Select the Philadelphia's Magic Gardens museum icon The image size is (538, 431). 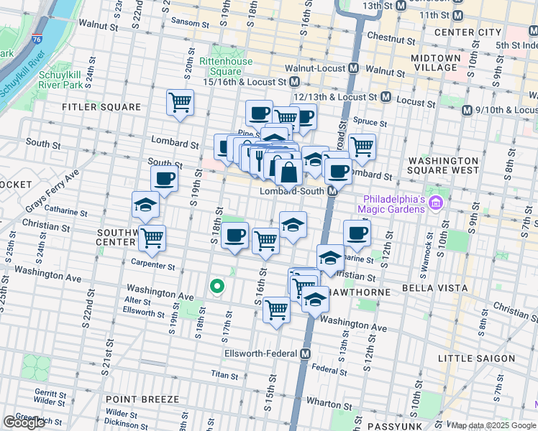click(435, 204)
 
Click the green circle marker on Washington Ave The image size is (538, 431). click(216, 287)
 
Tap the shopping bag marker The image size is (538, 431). click(288, 173)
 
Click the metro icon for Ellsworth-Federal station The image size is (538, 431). click(306, 354)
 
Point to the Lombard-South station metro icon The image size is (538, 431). click(333, 192)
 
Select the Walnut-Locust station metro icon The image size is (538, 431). click(353, 70)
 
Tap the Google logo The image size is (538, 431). click(24, 422)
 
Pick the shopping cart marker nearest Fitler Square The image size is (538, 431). click(180, 102)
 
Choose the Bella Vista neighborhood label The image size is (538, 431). click(418, 293)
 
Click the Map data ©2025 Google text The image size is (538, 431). click(493, 425)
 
